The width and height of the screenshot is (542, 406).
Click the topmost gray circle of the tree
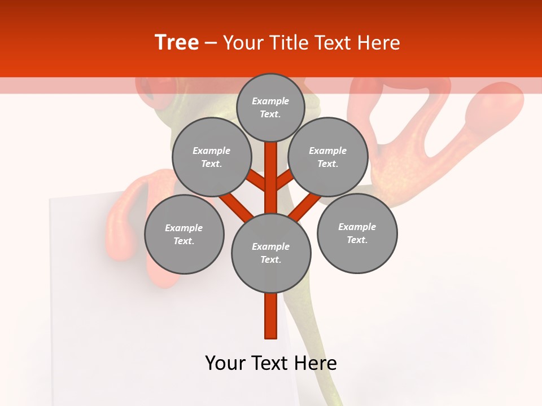pos(270,108)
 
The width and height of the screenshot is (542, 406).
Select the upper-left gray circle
pos(211,157)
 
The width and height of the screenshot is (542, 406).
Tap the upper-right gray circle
pos(328,157)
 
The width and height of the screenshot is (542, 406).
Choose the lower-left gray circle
pos(184,234)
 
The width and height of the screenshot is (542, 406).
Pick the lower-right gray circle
pos(357,233)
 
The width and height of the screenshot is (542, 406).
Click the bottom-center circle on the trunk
pos(271,253)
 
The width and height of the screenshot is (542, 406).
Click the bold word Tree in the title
pos(177,43)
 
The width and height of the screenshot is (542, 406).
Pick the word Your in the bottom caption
pos(225,363)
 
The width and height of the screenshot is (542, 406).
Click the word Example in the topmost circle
pos(270,101)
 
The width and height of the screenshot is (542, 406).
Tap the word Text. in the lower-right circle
pos(357,240)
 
